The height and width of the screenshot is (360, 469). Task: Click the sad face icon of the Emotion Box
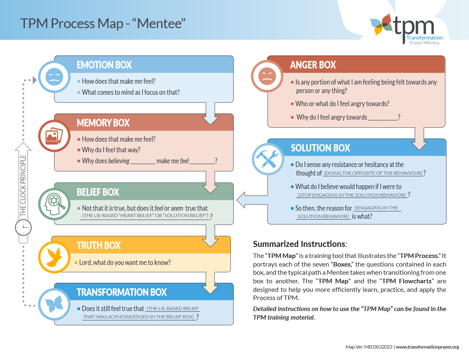point(54,76)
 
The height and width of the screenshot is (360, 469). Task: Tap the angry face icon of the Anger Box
point(267,76)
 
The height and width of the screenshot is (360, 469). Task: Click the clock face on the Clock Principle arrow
point(23,227)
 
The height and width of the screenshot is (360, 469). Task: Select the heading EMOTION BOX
point(104,65)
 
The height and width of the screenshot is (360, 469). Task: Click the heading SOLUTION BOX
point(320,148)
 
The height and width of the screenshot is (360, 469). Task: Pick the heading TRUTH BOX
point(99,245)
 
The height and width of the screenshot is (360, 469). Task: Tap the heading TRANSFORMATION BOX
point(122,292)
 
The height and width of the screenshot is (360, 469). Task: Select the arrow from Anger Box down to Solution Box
point(421,138)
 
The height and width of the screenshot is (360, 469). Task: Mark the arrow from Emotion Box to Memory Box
point(210,113)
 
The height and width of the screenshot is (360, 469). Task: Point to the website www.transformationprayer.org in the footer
point(427,347)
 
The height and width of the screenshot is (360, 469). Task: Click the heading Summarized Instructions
point(299,244)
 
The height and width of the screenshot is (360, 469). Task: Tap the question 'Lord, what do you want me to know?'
point(126,262)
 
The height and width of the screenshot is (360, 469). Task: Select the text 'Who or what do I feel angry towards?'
point(342,104)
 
